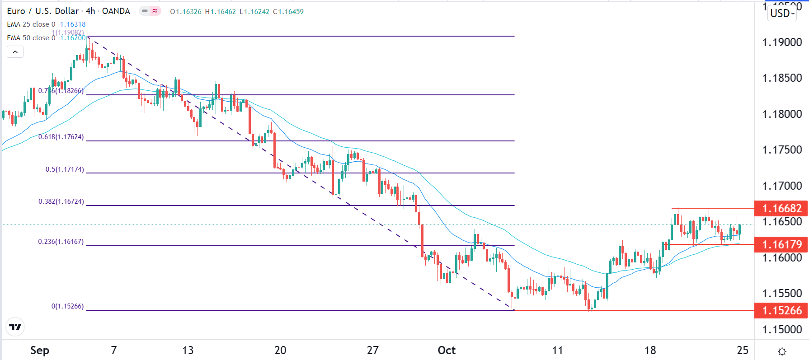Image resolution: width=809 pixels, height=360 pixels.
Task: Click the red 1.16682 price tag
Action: click(781, 208)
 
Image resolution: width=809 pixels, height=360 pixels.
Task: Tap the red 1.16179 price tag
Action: click(781, 244)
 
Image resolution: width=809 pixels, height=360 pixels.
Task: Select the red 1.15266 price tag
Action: click(781, 311)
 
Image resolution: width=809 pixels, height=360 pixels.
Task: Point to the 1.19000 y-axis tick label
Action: click(782, 42)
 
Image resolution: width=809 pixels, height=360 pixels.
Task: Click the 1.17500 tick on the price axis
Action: click(782, 150)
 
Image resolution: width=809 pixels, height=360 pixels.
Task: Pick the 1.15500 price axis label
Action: click(782, 294)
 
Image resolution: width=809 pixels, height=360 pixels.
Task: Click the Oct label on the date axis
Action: click(447, 350)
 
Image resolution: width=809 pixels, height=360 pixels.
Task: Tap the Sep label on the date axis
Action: click(40, 350)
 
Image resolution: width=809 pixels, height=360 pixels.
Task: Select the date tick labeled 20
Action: click(280, 350)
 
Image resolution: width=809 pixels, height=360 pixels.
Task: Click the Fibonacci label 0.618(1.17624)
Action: click(61, 137)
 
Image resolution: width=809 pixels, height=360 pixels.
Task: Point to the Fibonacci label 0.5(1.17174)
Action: click(65, 169)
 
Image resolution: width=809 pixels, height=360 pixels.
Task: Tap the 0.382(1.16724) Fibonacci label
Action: click(61, 201)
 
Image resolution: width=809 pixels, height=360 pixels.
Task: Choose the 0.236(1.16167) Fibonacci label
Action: click(61, 242)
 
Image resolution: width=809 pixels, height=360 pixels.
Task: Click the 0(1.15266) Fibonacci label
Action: click(67, 306)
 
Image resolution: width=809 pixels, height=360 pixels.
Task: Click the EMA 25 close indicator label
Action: click(31, 24)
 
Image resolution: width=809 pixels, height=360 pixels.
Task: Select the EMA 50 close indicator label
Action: click(31, 38)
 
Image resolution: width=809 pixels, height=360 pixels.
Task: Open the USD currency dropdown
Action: click(782, 13)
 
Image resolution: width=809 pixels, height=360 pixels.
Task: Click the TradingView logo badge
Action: click(15, 327)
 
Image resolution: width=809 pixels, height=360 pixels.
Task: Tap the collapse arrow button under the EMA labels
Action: click(15, 52)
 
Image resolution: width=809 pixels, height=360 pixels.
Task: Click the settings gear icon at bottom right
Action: click(782, 351)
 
